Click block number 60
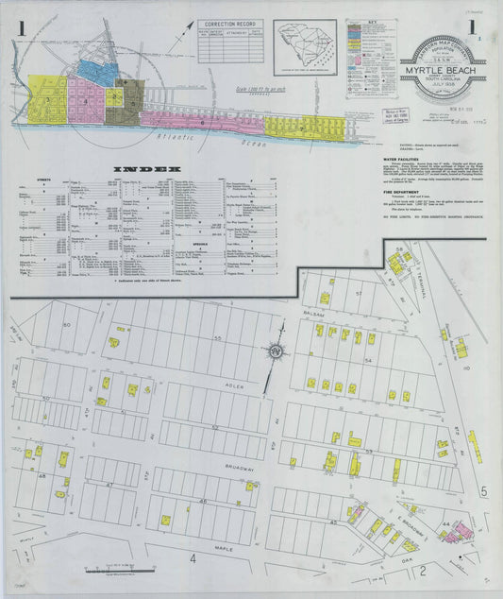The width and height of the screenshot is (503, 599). click(x=67, y=325)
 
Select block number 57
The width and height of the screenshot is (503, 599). click(x=359, y=294)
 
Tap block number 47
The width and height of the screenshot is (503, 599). click(x=110, y=484)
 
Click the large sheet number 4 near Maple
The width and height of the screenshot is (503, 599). click(x=192, y=558)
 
